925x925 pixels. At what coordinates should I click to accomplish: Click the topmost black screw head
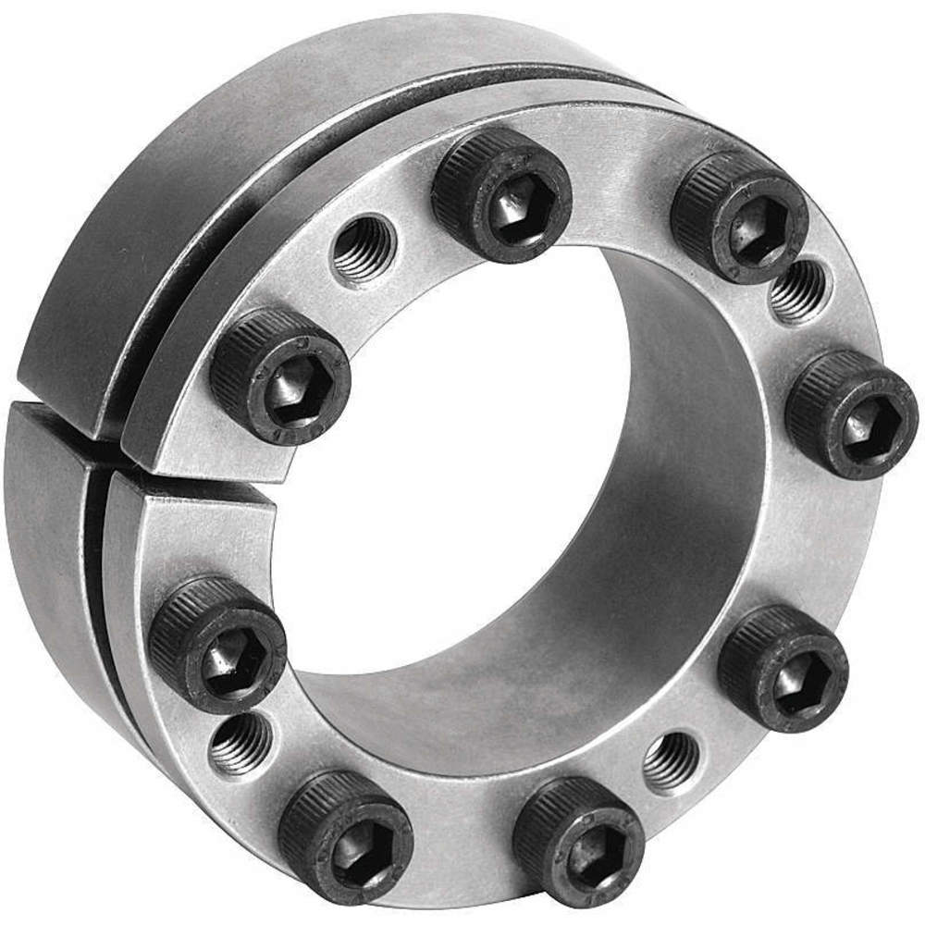click(501, 195)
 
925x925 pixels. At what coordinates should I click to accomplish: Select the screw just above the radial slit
click(280, 376)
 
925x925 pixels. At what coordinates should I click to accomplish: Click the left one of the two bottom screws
click(345, 837)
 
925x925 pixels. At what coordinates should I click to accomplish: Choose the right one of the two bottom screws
click(579, 841)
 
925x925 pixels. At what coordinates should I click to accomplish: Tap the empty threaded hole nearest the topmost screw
click(364, 248)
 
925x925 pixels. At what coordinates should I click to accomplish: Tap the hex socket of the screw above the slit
click(290, 392)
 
